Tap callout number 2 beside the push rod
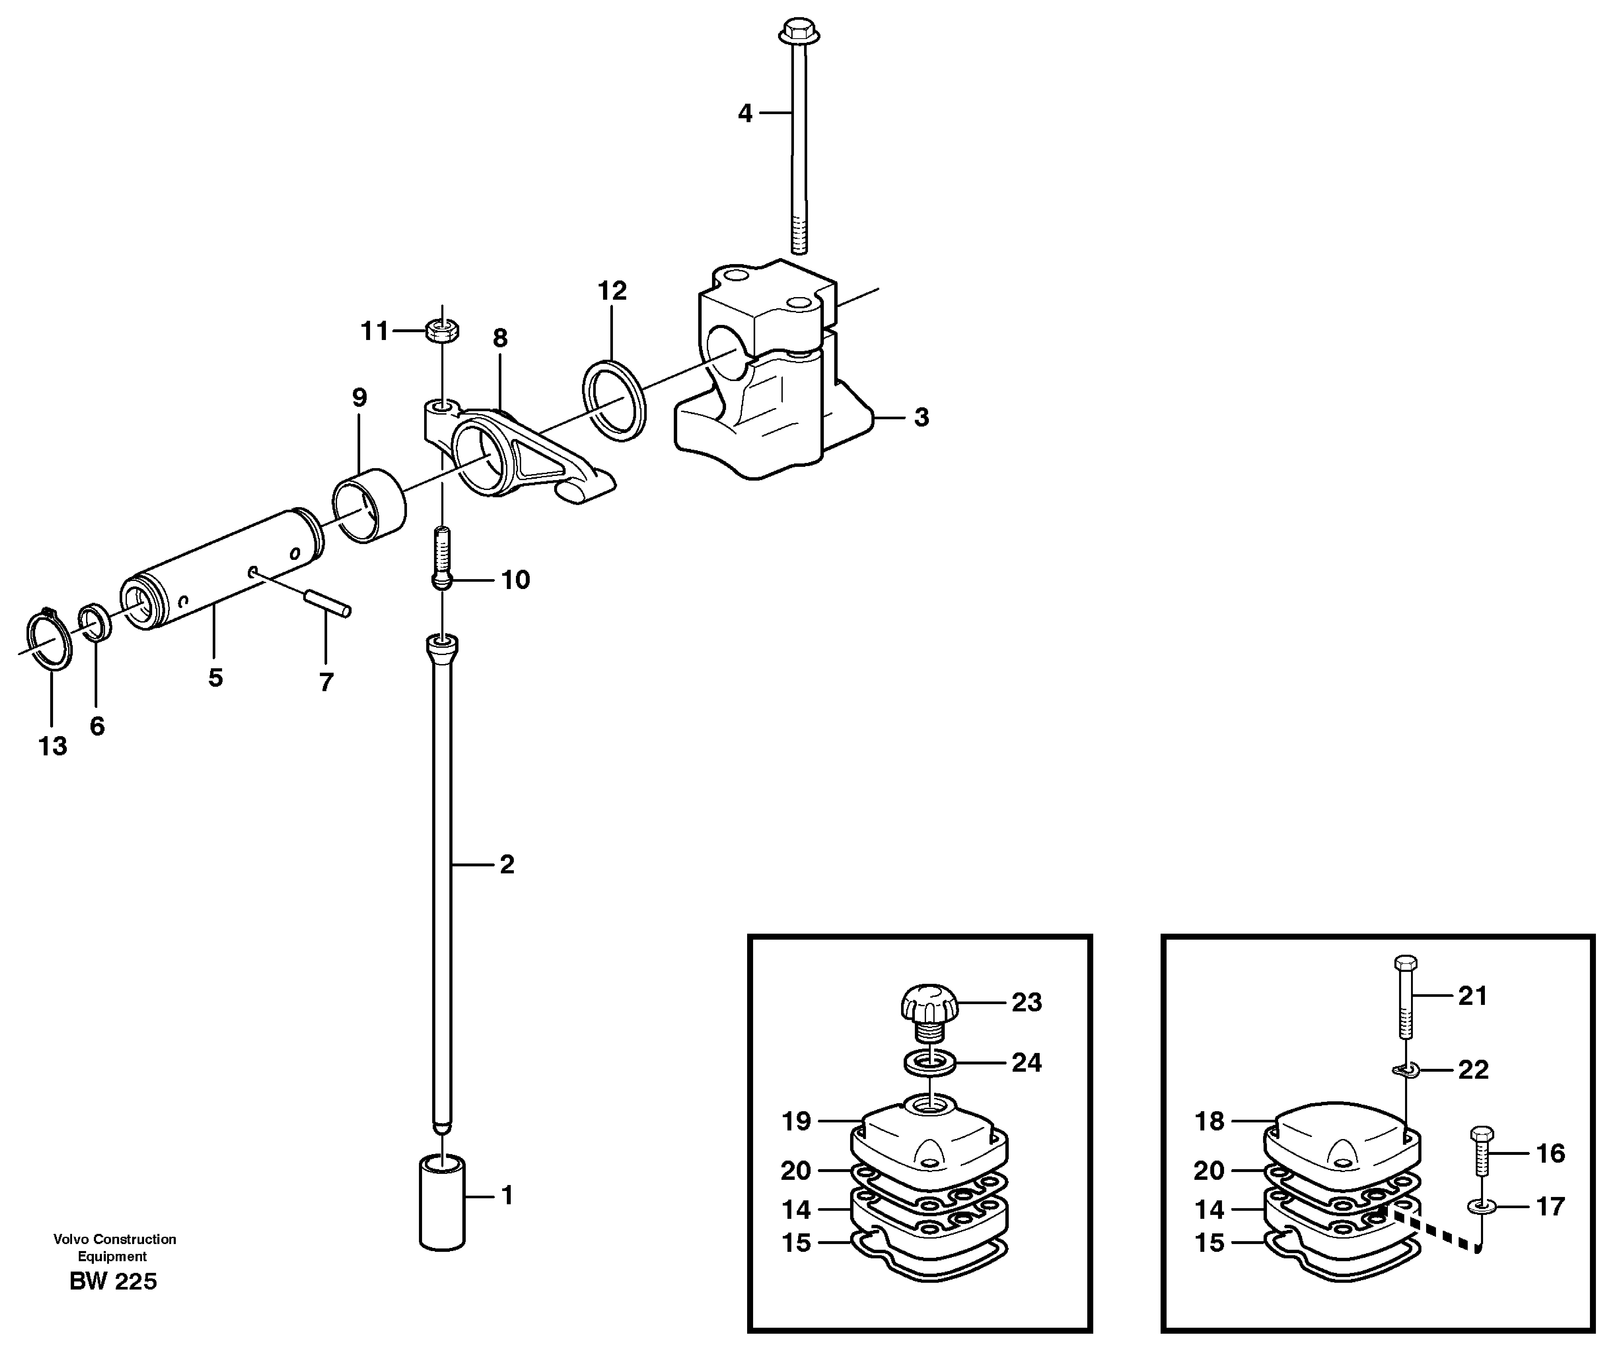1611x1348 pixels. (506, 865)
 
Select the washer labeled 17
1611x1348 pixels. (1481, 1208)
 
